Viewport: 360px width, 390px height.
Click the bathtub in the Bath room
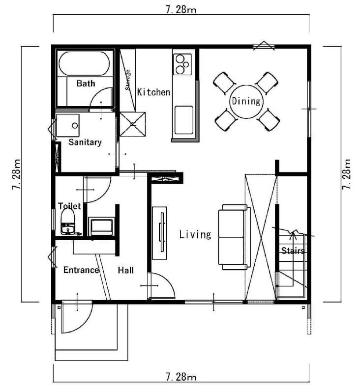tap(84, 63)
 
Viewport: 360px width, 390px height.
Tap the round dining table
tap(246, 102)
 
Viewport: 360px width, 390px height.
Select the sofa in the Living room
tap(234, 237)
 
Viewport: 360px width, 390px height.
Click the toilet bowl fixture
tap(68, 222)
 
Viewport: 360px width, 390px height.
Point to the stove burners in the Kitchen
tap(182, 64)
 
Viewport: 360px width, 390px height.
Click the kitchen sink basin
tap(184, 120)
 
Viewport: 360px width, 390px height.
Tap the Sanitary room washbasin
tap(68, 125)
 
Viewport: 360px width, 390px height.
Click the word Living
tap(195, 234)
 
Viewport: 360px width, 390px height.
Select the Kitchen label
tap(153, 92)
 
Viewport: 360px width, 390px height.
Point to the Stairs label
tap(293, 250)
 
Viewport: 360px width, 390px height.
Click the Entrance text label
tap(81, 270)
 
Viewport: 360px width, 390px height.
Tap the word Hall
tap(126, 270)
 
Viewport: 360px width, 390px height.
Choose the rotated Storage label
tap(128, 80)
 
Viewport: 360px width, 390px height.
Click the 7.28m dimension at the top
tap(181, 10)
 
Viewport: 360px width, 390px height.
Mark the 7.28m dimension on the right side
tap(346, 174)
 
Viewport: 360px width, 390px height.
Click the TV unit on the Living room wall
tap(159, 233)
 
